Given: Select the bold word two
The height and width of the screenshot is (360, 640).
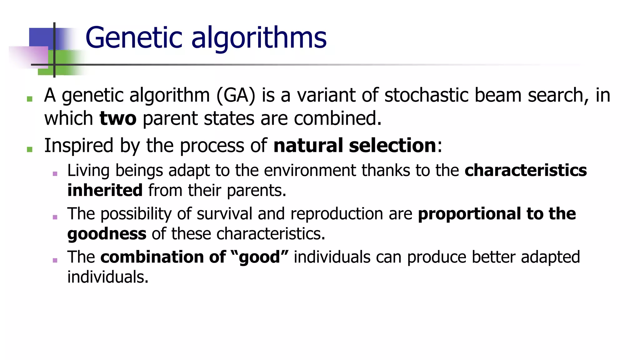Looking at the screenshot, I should (x=118, y=119).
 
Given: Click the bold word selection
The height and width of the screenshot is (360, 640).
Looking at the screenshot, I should (x=392, y=146).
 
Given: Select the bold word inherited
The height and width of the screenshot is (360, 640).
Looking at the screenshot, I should (x=105, y=190).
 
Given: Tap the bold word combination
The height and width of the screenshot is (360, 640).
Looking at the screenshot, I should (x=152, y=257).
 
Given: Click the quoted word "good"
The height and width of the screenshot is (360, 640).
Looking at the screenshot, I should (x=259, y=257).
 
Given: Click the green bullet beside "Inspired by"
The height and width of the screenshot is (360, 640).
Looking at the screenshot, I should (x=30, y=149).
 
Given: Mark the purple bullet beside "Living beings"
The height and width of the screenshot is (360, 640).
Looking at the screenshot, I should (x=55, y=174).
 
